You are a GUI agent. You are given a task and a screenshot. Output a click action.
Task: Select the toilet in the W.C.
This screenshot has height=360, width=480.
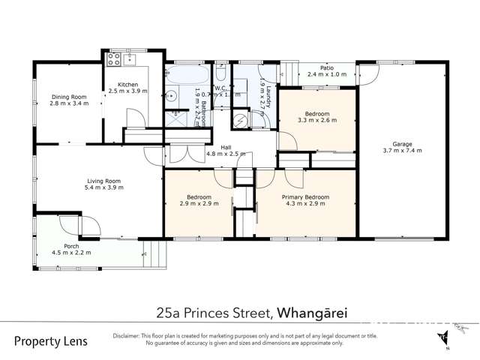pos(221,74)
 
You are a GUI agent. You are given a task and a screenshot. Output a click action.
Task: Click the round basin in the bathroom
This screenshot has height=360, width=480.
pos(171,94)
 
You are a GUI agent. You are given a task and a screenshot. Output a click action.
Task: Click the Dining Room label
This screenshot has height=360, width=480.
pos(70,97)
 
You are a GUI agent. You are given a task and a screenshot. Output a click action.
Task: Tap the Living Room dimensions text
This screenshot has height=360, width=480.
pos(104,187)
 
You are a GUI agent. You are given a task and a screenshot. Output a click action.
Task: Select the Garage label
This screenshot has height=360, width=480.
pos(402,144)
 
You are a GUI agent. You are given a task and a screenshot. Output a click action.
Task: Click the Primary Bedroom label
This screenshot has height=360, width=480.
pos(305,197)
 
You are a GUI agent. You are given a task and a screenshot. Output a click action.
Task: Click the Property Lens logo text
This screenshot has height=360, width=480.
pos(51,341)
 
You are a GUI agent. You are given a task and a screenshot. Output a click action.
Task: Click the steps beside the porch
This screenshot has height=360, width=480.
pos(153,253)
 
